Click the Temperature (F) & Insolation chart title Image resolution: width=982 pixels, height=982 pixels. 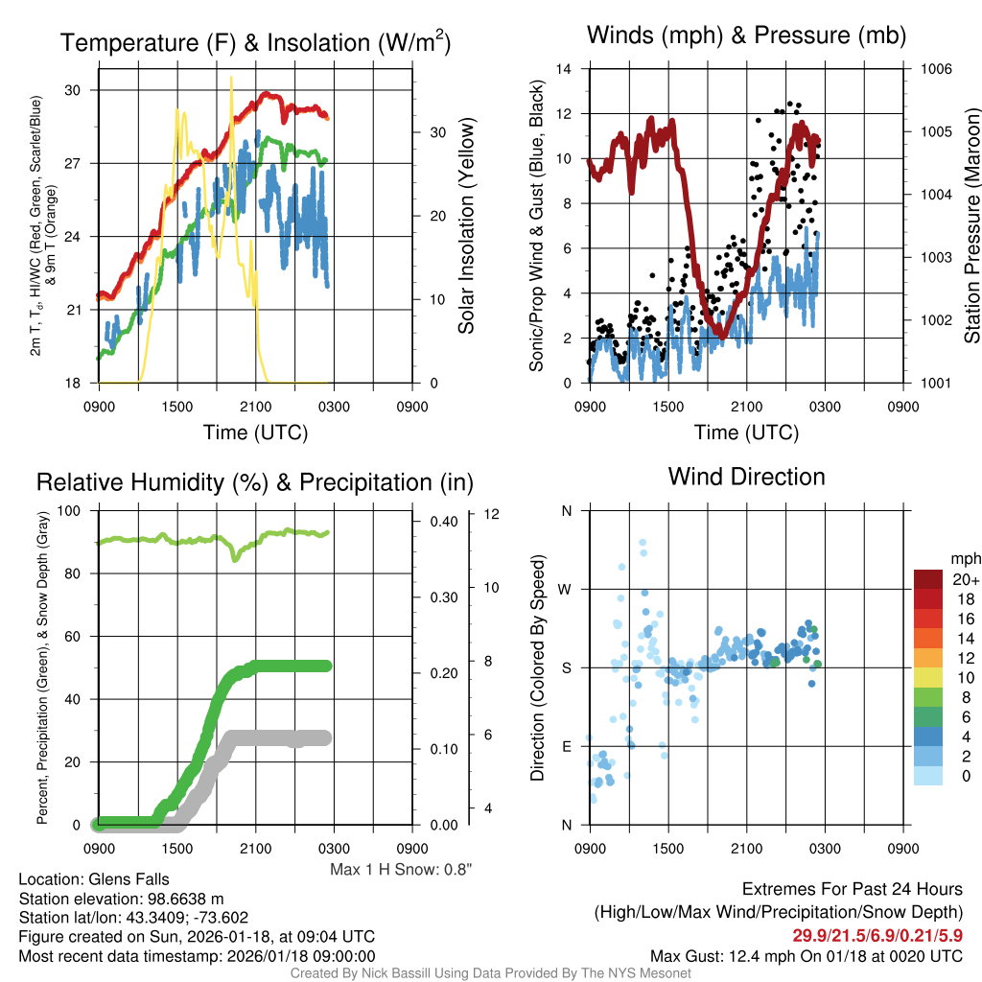(x=256, y=43)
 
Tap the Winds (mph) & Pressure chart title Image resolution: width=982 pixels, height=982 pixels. (x=747, y=36)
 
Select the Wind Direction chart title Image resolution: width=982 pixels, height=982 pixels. (x=746, y=477)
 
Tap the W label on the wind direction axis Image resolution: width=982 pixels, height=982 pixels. (x=566, y=589)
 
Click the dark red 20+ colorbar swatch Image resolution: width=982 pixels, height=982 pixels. (x=928, y=580)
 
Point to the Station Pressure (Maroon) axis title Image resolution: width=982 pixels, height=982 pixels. (x=971, y=225)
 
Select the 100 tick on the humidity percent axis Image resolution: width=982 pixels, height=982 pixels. (x=71, y=510)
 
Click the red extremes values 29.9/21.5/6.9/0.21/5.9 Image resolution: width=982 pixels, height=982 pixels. (x=877, y=935)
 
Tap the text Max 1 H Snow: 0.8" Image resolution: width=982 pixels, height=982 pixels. (x=401, y=870)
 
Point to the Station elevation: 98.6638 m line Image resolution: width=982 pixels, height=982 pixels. (x=121, y=899)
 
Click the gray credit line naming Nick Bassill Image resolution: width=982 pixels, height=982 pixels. (x=490, y=973)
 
